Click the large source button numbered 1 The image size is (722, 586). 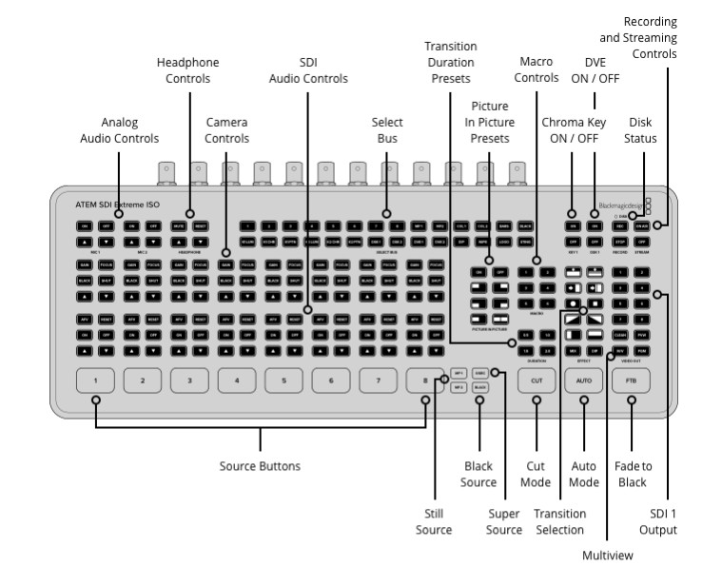click(95, 381)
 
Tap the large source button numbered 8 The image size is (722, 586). click(425, 381)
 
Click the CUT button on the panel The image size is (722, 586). click(534, 381)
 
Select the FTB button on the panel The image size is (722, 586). click(631, 381)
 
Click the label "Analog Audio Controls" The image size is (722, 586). click(118, 130)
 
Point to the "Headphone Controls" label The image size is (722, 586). click(187, 70)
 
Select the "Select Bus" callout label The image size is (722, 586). click(386, 130)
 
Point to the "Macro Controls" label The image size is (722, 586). click(536, 70)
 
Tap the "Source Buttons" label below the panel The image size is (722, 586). click(260, 466)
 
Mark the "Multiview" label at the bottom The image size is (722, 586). click(606, 554)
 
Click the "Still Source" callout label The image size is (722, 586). click(434, 521)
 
